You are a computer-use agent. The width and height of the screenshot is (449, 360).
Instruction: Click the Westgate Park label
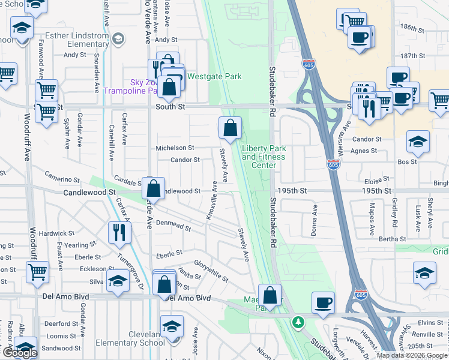214,76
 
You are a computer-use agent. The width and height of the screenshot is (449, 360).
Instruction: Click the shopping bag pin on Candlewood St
154,188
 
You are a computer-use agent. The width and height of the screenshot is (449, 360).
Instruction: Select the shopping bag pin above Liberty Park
231,127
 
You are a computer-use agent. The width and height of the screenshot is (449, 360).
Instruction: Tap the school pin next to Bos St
418,142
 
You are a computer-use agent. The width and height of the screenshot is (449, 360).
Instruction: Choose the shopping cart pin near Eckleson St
37,272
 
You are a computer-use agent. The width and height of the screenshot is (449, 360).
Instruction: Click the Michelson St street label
175,148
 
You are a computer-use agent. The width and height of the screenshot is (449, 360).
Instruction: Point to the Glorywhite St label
211,271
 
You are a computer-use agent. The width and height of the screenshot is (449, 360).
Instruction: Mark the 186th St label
413,28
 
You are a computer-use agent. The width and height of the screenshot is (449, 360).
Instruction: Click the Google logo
19,353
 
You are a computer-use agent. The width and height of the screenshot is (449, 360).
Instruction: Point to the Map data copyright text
411,355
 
